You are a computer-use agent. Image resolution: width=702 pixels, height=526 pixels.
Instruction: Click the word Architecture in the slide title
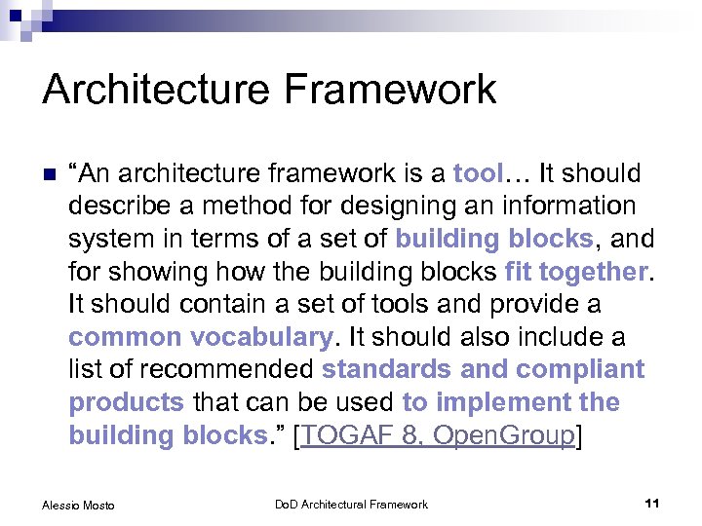coord(156,90)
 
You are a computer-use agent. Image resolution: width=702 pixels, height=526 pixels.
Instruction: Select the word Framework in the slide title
coord(390,90)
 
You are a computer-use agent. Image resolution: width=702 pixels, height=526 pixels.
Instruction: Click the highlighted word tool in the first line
coord(477,174)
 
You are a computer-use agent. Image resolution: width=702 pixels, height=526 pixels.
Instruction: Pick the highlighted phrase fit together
coord(577,272)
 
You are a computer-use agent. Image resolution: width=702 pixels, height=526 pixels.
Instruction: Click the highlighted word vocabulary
coord(263,337)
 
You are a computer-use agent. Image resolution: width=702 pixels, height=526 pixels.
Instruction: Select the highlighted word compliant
coord(580,370)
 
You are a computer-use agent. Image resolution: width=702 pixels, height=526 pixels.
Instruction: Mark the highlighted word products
coord(127,402)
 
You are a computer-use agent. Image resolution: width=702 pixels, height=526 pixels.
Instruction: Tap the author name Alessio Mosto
coord(78,505)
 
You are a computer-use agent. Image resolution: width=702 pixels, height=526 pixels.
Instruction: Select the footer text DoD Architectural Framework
coord(351,505)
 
